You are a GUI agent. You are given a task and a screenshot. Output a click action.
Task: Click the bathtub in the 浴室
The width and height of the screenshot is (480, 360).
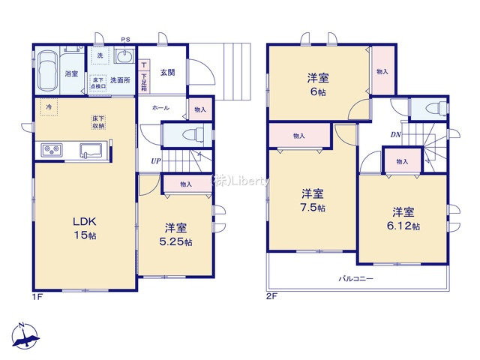[x=47, y=72]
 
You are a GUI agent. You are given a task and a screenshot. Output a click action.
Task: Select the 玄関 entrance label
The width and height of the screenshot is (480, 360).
[x=166, y=73]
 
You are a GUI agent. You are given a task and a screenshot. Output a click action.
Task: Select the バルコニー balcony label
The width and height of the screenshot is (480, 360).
[x=355, y=278]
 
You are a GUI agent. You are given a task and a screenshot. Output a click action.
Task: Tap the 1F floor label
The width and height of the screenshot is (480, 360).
[x=37, y=296]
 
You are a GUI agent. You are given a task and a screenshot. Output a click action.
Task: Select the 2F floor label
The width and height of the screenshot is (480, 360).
[x=271, y=296]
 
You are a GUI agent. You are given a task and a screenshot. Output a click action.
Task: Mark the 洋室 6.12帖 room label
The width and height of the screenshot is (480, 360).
[x=403, y=217]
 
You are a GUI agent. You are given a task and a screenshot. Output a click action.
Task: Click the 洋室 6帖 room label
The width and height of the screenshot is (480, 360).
[x=315, y=83]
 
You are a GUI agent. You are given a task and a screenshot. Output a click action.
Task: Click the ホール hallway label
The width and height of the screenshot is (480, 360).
[x=160, y=108]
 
